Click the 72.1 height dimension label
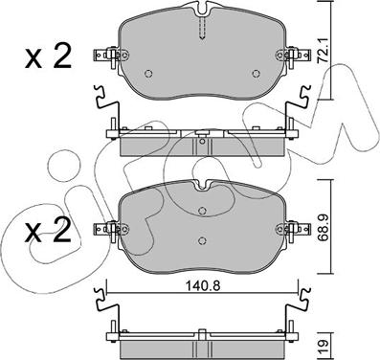[x=324, y=51]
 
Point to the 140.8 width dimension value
[x=203, y=286]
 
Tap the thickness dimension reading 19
[x=324, y=344]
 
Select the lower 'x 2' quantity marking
[x=48, y=229]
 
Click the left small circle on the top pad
[x=148, y=74]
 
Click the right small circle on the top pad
[x=256, y=74]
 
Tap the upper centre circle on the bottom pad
[x=202, y=211]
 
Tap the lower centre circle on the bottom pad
[x=202, y=240]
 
